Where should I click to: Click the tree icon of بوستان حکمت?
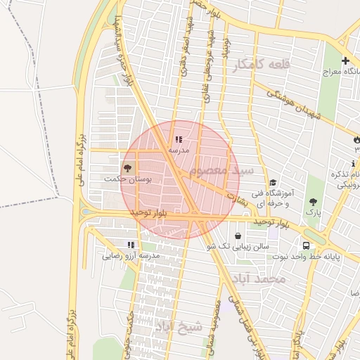click(128, 168)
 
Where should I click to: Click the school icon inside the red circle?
click(179, 140)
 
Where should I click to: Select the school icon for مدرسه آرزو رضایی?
click(131, 245)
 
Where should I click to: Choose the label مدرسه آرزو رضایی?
click(131, 255)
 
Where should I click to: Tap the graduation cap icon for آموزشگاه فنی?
click(273, 183)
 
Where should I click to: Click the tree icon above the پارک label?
click(313, 202)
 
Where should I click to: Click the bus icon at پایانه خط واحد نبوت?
click(306, 245)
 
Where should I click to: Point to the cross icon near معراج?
click(345, 61)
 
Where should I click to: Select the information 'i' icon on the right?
click(353, 164)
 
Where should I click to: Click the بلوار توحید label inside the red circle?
click(152, 212)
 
